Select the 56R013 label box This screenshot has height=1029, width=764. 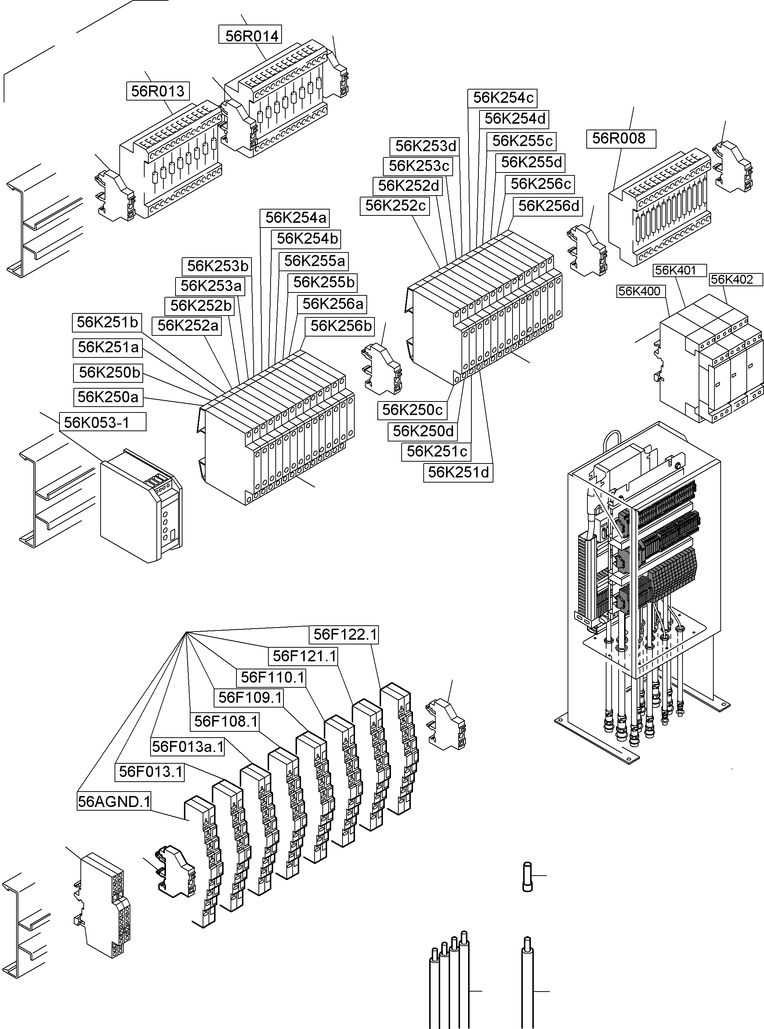point(158,91)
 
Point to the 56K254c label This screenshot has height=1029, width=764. point(502,98)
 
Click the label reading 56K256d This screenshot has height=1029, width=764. point(548,206)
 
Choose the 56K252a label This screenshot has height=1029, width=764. point(187,326)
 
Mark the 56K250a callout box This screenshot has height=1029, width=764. point(108,397)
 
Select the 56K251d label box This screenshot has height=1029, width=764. point(458,472)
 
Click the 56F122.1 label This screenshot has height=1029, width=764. point(345,634)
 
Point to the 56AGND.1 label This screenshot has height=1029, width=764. point(114,801)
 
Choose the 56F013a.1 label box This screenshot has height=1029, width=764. point(188,746)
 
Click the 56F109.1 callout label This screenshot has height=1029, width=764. point(250,697)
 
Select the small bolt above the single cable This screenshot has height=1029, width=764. point(527,876)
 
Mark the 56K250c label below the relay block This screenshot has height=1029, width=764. point(413,410)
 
